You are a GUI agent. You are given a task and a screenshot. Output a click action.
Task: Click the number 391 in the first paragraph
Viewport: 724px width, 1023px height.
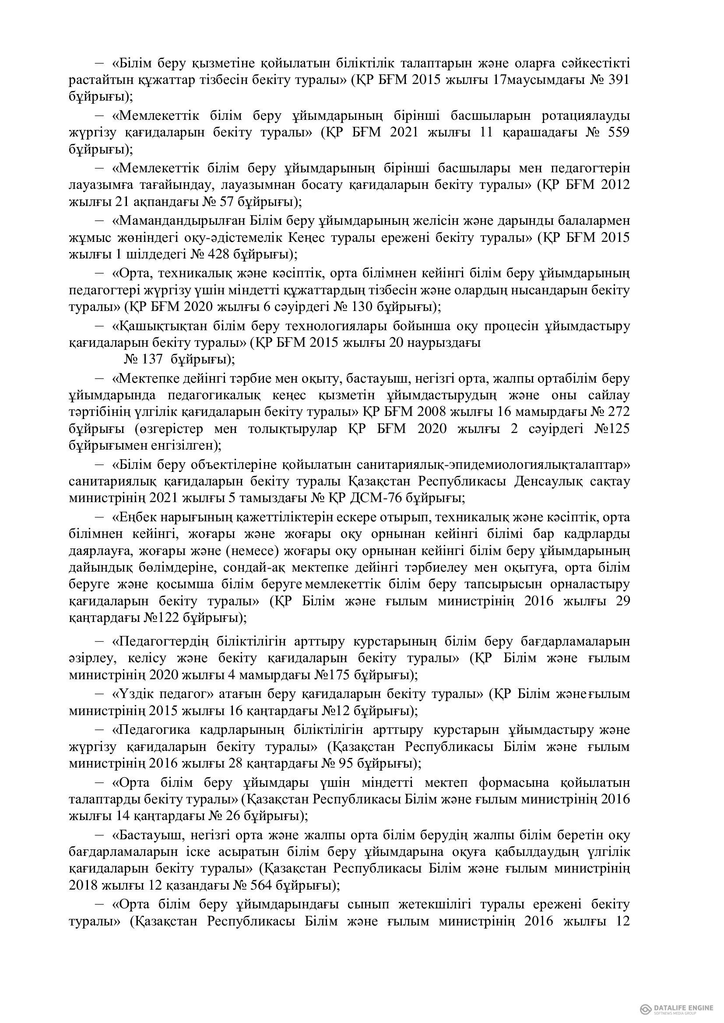(618, 80)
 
